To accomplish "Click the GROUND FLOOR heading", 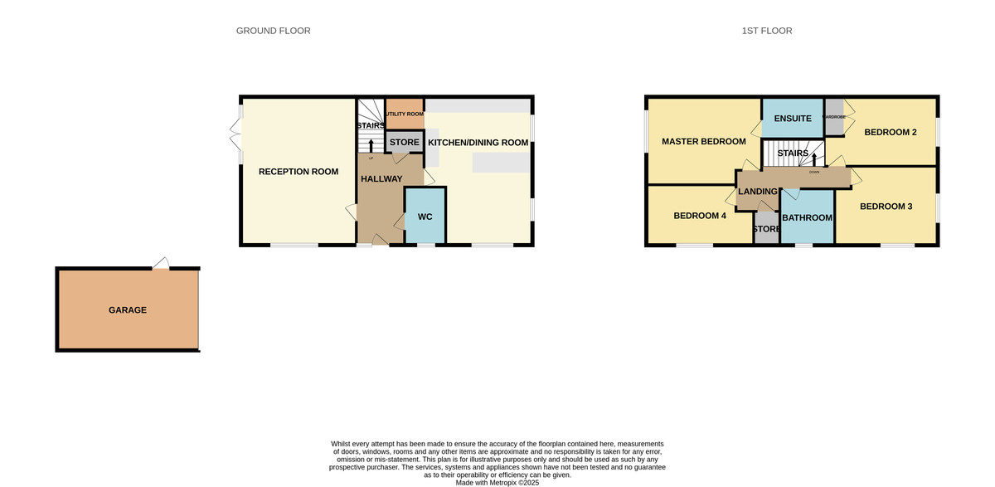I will pos(273,31).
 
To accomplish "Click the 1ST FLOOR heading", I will pos(766,31).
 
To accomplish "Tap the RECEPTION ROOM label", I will pos(298,172).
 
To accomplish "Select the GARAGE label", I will pos(127,309).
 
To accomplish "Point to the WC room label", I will pos(425,217).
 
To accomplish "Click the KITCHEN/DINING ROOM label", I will pos(478,143).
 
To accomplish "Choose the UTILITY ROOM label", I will pos(405,114).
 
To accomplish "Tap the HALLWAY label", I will pos(381,179).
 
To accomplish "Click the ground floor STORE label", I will pos(404,143).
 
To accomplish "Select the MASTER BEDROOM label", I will pos(703,141).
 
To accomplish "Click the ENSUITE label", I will pos(792,119).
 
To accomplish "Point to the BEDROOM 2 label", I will pos(890,132).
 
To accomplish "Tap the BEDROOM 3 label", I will pos(886,206).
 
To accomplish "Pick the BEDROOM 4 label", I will pos(699,216).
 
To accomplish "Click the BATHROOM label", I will pos(807,217).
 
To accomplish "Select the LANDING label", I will pos(757,192).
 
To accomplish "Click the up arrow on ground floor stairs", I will pos(370,147).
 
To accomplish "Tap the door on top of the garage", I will pos(162,264).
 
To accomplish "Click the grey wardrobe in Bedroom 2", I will pos(833,110).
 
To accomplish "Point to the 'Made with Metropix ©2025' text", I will pos(497,482).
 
